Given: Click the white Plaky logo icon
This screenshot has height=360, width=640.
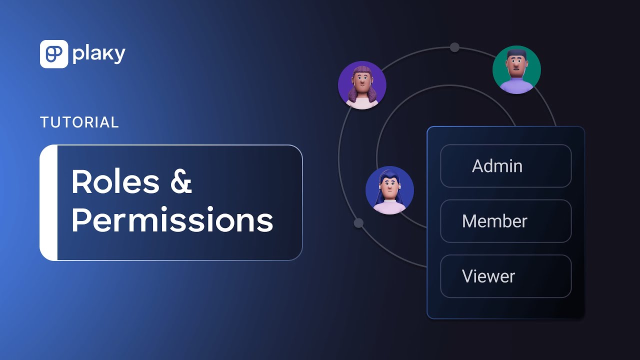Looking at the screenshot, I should pyautogui.click(x=53, y=54).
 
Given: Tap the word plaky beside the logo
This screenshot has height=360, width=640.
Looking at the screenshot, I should pyautogui.click(x=98, y=54).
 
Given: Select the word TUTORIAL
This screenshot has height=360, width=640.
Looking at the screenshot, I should pyautogui.click(x=79, y=122).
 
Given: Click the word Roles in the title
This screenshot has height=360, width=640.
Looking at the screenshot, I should pyautogui.click(x=115, y=182).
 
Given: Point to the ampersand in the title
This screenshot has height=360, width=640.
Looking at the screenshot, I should pyautogui.click(x=180, y=182).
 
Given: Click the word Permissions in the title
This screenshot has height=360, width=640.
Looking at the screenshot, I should pyautogui.click(x=172, y=220).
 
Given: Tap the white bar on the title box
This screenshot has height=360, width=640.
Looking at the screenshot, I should pyautogui.click(x=48, y=202).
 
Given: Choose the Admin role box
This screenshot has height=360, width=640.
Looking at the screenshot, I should pyautogui.click(x=505, y=166).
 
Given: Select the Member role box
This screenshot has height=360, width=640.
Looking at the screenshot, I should pyautogui.click(x=505, y=221).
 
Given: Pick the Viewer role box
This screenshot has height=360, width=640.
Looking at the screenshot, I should pyautogui.click(x=505, y=276).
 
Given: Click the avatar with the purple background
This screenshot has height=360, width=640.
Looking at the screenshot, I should pyautogui.click(x=362, y=85).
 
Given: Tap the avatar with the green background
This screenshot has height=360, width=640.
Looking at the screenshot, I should pyautogui.click(x=516, y=70).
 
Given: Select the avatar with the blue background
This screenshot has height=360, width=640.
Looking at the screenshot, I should pyautogui.click(x=389, y=190).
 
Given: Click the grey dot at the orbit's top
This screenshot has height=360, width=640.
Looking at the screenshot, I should pyautogui.click(x=454, y=47).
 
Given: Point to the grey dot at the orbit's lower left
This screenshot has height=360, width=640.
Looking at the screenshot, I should pyautogui.click(x=358, y=223).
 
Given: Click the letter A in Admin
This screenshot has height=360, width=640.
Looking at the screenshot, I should pyautogui.click(x=478, y=166).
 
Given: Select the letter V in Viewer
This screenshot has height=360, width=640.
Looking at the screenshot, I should pyautogui.click(x=467, y=276).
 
